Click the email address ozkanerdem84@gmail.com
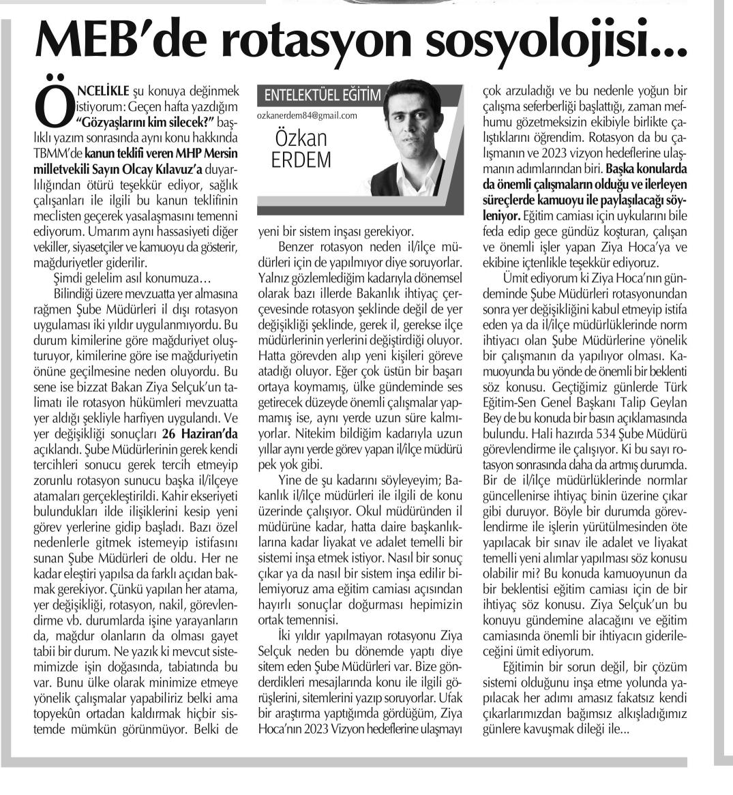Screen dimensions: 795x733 coord(308,115)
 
